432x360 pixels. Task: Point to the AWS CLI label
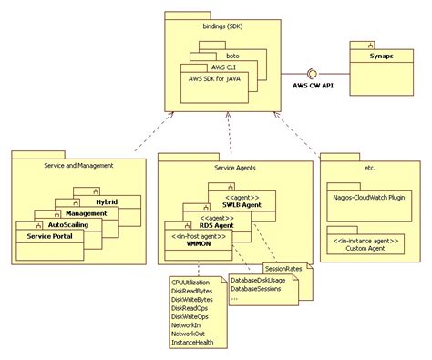[x=228, y=67]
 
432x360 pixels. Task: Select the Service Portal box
[x=49, y=236]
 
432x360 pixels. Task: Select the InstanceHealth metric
[x=192, y=345]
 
